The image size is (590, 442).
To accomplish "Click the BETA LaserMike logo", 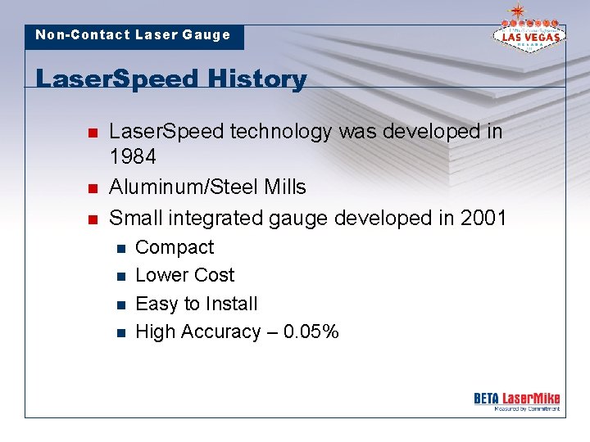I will pyautogui.click(x=516, y=400).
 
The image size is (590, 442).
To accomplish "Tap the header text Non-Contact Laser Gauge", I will pyautogui.click(x=133, y=35).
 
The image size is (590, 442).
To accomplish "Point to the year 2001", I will pyautogui.click(x=483, y=218).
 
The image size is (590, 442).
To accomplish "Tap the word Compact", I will pyautogui.click(x=174, y=247).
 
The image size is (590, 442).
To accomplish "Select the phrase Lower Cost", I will pyautogui.click(x=184, y=275).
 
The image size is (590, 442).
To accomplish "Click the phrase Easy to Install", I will pyautogui.click(x=196, y=304).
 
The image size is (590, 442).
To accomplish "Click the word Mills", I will pyautogui.click(x=286, y=187).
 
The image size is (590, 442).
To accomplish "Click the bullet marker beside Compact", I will pyautogui.click(x=120, y=248).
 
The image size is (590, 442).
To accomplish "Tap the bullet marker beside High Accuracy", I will pyautogui.click(x=120, y=332).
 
